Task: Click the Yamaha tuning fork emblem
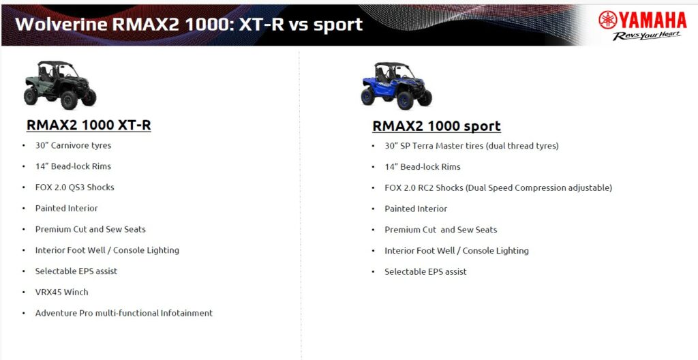pyautogui.click(x=607, y=20)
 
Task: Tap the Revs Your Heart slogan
pyautogui.click(x=646, y=35)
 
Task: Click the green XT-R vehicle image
pyautogui.click(x=60, y=85)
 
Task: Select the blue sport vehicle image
pyautogui.click(x=396, y=85)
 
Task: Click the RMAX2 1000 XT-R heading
pyautogui.click(x=89, y=125)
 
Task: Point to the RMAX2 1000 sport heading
pyautogui.click(x=436, y=126)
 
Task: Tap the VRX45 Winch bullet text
pyautogui.click(x=62, y=292)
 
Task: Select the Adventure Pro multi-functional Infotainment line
pyautogui.click(x=124, y=313)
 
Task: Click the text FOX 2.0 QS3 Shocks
pyautogui.click(x=75, y=187)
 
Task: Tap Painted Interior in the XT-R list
pyautogui.click(x=66, y=208)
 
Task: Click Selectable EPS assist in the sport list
pyautogui.click(x=425, y=271)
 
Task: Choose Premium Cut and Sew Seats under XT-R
pyautogui.click(x=91, y=229)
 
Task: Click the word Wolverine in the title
pyautogui.click(x=61, y=24)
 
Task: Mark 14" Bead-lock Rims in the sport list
pyautogui.click(x=423, y=166)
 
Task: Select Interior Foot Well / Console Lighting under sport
pyautogui.click(x=457, y=250)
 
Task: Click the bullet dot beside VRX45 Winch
pyautogui.click(x=24, y=292)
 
